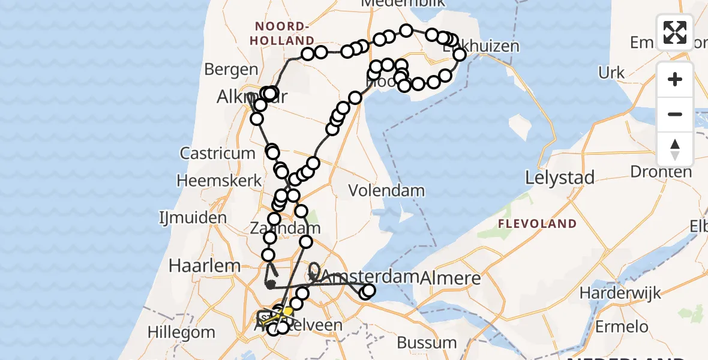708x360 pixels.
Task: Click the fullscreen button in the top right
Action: coord(675,32)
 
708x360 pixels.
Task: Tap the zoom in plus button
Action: coord(675,80)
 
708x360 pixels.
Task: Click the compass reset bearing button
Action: coord(675,149)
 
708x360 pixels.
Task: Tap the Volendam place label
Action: coord(388,191)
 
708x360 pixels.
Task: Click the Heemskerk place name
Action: coord(219,180)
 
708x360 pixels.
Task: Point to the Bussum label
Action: coord(427,343)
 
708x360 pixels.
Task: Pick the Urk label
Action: coord(611,73)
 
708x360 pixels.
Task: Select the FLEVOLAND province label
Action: coord(538,224)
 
